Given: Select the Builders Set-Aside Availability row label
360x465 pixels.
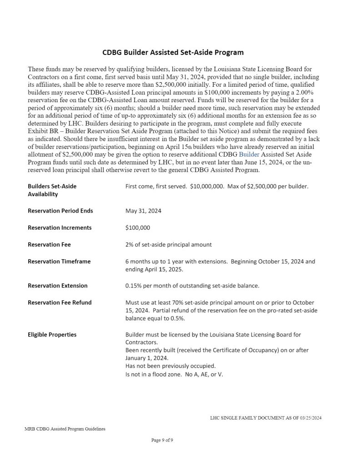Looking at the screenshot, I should coord(52,190).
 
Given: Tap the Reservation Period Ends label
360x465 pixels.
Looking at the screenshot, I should coord(60,211).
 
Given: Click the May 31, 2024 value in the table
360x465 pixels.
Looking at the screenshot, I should coord(143,211).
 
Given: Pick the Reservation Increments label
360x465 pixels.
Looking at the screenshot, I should coord(60,228).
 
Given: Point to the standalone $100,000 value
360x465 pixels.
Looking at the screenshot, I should coord(138,228).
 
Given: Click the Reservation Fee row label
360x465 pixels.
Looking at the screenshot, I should coord(49,244).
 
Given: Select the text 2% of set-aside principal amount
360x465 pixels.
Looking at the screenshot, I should coord(168,244).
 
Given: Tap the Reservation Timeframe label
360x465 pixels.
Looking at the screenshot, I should coord(59,261).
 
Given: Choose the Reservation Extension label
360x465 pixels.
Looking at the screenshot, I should coord(58,286).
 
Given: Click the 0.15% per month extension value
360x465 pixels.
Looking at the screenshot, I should coord(192,286).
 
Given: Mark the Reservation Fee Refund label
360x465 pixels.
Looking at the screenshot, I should coord(60,302).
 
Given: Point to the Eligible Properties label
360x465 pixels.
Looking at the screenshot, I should coord(52,335).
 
